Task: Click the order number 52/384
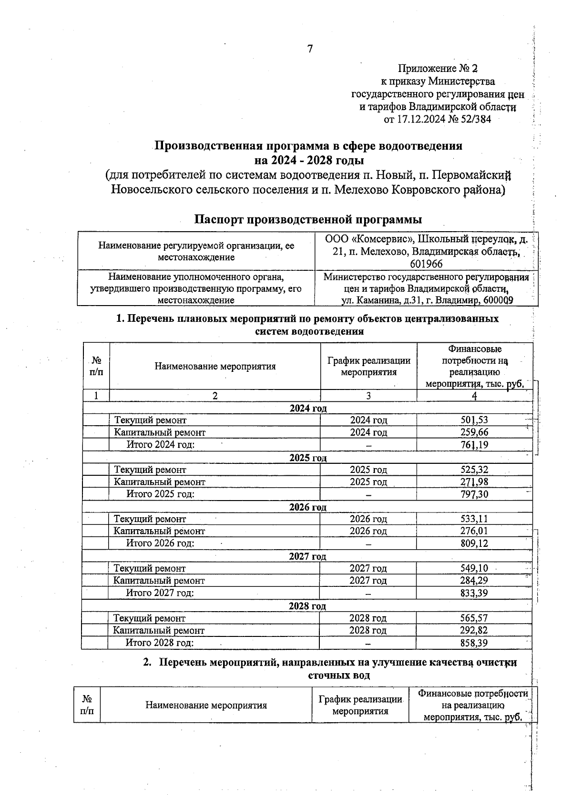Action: [x=475, y=119]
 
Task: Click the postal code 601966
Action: [x=426, y=264]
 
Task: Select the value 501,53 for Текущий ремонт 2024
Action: [x=474, y=420]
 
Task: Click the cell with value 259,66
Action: [x=474, y=432]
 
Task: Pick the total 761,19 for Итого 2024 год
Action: [x=474, y=445]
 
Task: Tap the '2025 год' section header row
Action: [x=308, y=458]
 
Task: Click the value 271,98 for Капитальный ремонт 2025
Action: [x=474, y=482]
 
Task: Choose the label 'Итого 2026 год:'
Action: [x=160, y=543]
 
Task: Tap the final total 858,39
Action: [x=474, y=643]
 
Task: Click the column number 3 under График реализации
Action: [x=368, y=396]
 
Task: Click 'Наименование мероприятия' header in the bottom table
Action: [x=206, y=705]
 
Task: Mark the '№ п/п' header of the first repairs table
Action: [x=96, y=366]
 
